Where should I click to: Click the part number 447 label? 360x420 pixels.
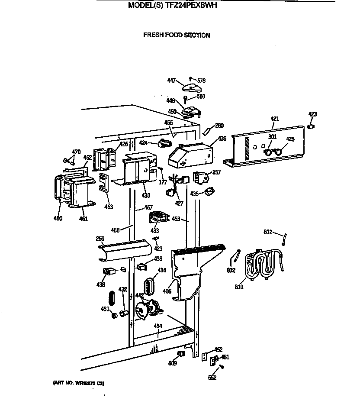(x=171, y=81)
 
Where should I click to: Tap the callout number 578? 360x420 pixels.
(x=201, y=81)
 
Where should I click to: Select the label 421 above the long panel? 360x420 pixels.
(x=275, y=119)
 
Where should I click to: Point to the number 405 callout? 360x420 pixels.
(x=167, y=291)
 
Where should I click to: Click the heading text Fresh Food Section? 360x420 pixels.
(x=177, y=35)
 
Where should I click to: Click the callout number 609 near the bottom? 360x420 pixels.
(x=173, y=363)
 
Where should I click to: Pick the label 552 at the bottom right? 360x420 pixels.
(x=212, y=378)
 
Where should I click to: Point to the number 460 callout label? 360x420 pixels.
(x=58, y=218)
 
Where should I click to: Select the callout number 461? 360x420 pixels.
(x=83, y=219)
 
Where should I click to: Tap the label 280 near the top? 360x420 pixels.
(x=219, y=126)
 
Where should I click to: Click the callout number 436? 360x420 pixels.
(x=222, y=138)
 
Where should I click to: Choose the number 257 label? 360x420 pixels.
(x=216, y=172)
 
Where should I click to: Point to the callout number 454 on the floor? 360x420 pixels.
(x=158, y=326)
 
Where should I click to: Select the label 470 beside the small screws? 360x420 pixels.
(x=76, y=152)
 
